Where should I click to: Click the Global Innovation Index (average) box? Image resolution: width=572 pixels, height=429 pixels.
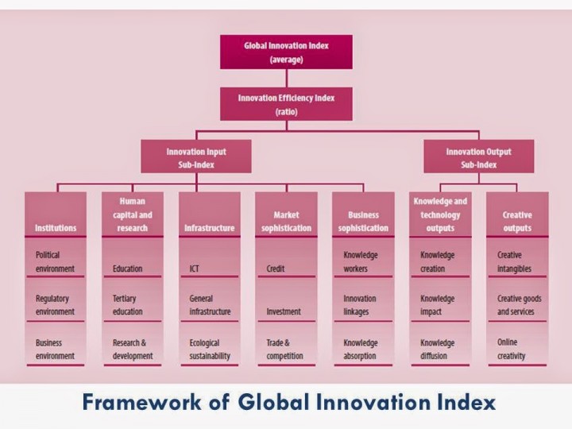286,52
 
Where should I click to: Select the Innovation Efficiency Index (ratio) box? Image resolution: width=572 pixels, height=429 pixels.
286,104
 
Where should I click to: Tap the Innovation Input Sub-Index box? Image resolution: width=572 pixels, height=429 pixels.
196,157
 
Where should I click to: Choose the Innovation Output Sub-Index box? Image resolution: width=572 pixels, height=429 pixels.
478,157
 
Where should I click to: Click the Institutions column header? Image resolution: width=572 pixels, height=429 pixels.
56,214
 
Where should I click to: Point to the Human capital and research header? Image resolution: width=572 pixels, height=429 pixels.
133,214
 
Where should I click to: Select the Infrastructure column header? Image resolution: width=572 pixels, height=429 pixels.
210,214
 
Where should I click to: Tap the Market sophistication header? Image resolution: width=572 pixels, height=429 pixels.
286,214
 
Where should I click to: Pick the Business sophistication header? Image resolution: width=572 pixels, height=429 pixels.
363,214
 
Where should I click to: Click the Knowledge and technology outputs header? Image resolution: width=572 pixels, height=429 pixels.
440,214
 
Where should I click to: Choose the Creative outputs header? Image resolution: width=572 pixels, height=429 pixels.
517,214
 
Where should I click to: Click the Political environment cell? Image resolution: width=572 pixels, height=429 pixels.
56,257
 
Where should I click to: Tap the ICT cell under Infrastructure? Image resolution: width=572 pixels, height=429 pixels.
210,257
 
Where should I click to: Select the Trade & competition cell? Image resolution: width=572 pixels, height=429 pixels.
286,344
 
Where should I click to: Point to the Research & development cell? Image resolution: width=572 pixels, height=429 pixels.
133,344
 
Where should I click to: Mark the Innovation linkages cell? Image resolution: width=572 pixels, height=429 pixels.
363,300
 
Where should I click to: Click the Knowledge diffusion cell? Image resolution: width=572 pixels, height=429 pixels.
440,344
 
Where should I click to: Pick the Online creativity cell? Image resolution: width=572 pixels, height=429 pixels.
517,344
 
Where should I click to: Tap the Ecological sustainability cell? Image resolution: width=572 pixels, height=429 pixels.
210,344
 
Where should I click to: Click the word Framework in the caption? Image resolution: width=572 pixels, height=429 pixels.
141,402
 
